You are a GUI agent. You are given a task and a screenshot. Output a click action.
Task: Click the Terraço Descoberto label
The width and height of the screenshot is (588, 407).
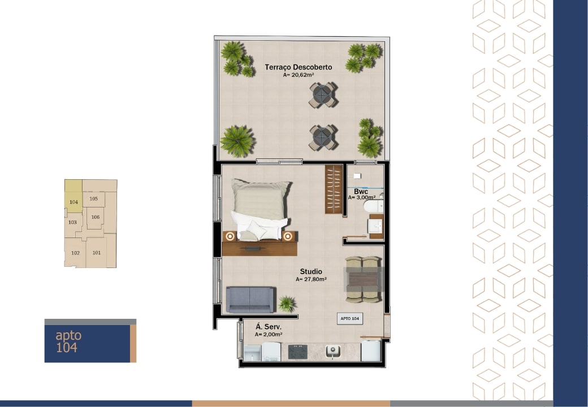pos(299,67)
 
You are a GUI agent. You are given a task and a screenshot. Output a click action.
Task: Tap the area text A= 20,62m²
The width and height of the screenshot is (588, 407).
pos(299,75)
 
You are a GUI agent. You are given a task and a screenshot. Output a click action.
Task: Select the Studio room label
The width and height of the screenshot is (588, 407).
pos(311,271)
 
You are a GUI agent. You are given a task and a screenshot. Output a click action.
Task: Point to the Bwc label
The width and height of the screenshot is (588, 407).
pos(361,192)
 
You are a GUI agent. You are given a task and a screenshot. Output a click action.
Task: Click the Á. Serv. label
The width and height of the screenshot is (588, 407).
pos(269,327)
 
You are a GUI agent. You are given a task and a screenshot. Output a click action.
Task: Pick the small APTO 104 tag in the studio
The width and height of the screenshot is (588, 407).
pos(349,319)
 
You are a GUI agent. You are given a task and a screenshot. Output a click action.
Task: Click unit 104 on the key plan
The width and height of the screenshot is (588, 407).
pos(73,202)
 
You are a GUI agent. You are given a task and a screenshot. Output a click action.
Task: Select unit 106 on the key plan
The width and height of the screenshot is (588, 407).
pos(95,217)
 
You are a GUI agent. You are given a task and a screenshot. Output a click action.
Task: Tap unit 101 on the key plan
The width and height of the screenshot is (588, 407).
pos(97,253)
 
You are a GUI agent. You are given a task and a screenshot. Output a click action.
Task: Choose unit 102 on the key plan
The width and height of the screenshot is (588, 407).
pos(75,253)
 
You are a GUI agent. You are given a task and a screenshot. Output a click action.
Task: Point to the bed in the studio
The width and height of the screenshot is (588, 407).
pos(260,209)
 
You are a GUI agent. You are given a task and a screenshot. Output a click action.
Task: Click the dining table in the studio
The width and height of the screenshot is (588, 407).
pos(363,280)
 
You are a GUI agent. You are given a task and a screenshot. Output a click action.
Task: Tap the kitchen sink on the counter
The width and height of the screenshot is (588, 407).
pos(332,351)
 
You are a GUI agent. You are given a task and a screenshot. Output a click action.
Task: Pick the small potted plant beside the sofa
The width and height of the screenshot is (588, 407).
pos(287,303)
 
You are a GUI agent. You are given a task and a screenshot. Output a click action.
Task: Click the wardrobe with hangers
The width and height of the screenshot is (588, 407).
pos(334,189)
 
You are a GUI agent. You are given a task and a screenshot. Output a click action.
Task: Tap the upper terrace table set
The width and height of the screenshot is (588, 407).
pos(323,95)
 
